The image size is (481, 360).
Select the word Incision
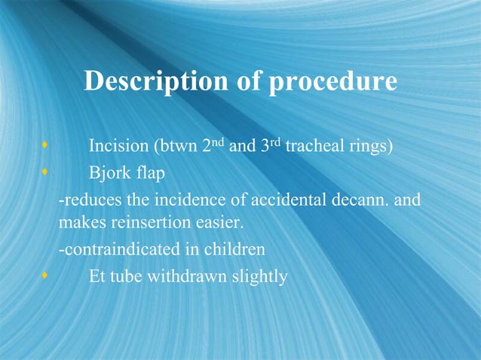click(x=118, y=146)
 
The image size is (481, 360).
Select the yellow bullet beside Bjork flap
click(x=46, y=172)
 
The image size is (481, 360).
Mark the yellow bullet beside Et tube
click(x=46, y=276)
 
